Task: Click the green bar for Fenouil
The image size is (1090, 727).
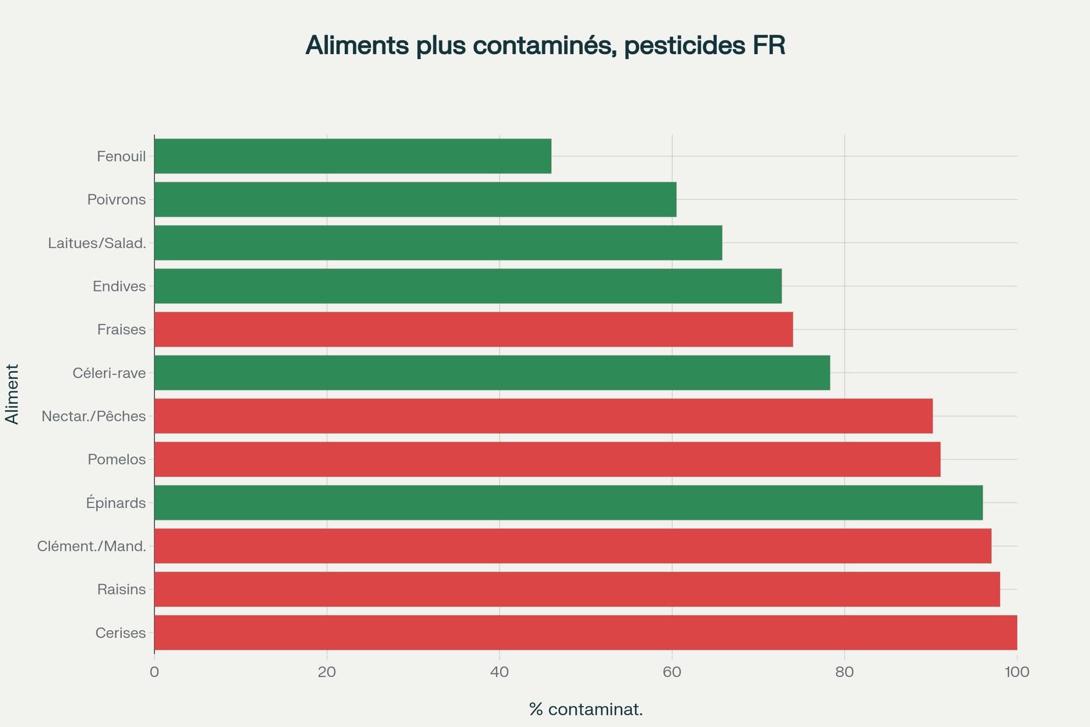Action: [352, 156]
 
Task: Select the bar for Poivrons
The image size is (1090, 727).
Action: [415, 200]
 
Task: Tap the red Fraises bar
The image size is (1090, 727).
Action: [474, 329]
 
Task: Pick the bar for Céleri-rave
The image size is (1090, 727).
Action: [492, 373]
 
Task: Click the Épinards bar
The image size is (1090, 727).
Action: [568, 503]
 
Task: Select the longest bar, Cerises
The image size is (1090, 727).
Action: [585, 633]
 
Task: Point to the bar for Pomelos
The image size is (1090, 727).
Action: [547, 459]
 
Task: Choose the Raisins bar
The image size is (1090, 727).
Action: [577, 589]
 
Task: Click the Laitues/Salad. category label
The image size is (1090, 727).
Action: [97, 243]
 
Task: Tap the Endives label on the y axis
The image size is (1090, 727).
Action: [119, 287]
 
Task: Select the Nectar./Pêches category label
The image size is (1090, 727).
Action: [94, 416]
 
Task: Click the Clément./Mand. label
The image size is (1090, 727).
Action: [92, 546]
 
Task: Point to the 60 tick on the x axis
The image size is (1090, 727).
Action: [672, 672]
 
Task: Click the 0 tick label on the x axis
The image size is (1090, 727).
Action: [154, 672]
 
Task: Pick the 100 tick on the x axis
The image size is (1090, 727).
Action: [1017, 672]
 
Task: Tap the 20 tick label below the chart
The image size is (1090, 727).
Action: [327, 672]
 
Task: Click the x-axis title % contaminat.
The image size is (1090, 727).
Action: [586, 709]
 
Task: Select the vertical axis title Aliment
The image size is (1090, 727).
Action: [12, 394]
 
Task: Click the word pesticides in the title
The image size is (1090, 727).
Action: [684, 45]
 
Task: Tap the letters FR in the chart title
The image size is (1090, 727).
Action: [769, 45]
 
